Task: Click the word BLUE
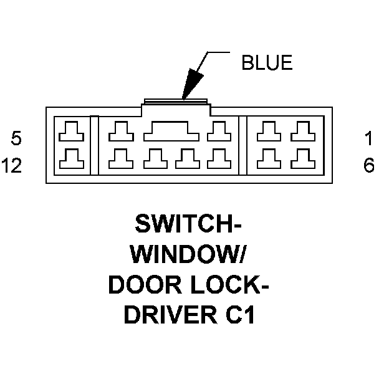tap(267, 63)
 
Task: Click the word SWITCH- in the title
tap(189, 224)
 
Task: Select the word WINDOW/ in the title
tap(189, 254)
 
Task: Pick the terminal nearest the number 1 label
tap(303, 132)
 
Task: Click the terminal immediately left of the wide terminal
tap(118, 132)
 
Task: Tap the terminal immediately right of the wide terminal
tap(218, 132)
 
